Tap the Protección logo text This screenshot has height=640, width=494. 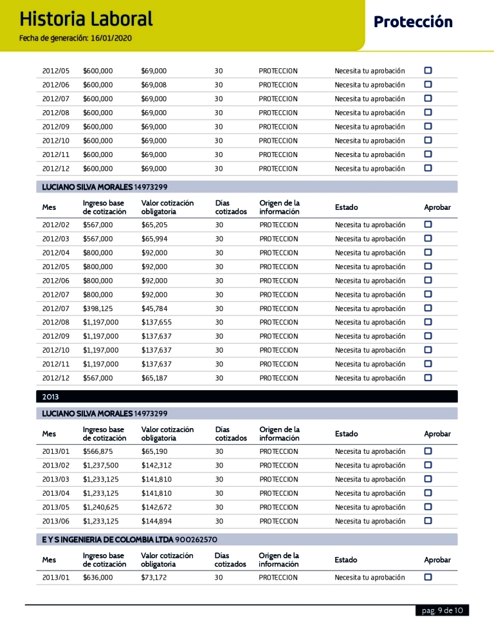tap(413, 23)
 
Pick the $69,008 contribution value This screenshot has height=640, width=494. tap(154, 85)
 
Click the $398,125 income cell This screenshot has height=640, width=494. tap(98, 308)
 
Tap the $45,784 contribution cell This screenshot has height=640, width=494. tap(154, 308)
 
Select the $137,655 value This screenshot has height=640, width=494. tap(156, 323)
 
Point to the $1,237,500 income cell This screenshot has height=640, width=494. tap(100, 466)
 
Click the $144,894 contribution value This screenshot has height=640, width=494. tap(156, 522)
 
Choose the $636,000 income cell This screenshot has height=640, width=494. tap(98, 578)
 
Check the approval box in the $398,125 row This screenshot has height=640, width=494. tap(428, 308)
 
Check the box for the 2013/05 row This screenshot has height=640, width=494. tap(428, 507)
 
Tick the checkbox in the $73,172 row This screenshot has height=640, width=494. tap(428, 577)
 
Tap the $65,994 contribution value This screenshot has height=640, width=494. tap(154, 239)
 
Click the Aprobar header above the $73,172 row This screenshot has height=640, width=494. tap(437, 560)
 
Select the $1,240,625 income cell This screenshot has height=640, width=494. tap(100, 507)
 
